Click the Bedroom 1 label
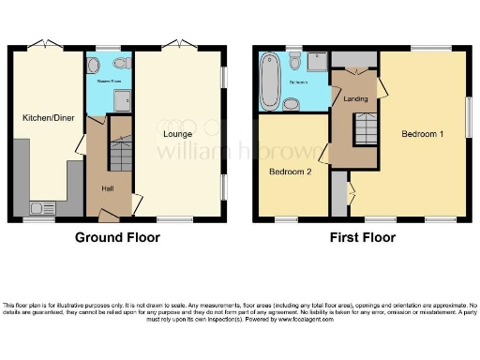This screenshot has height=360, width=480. pos(422,133)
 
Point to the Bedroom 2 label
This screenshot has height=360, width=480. pos(290,172)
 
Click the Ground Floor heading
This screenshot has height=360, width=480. pos(117,237)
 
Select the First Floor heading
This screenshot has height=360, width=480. pos(361,237)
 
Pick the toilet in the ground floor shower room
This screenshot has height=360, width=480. pos(121,65)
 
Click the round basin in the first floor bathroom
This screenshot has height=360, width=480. pos(290,101)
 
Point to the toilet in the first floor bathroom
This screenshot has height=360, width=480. pos(295,62)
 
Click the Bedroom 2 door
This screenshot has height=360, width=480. pos(323,152)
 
